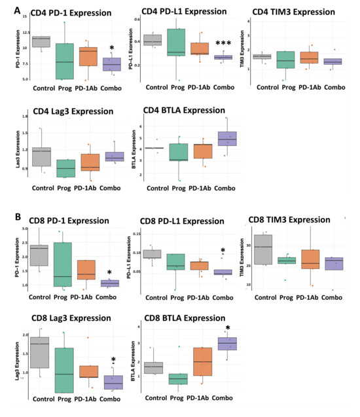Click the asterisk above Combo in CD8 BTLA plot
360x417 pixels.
[227, 329]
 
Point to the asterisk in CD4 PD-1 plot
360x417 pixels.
[111, 48]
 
